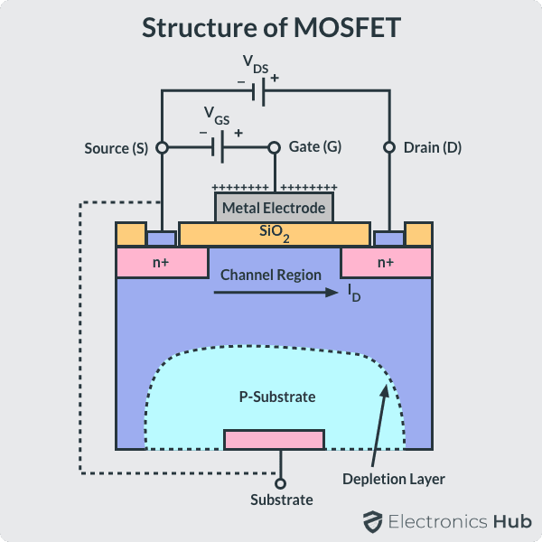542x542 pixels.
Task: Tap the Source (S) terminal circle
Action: tap(162, 146)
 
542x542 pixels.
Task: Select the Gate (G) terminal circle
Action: tap(274, 146)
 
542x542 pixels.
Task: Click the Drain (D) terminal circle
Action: tap(389, 146)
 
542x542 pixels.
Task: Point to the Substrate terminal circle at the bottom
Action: tap(280, 483)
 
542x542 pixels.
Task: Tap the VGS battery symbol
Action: tap(220, 146)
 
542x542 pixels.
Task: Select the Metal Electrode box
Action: tap(274, 208)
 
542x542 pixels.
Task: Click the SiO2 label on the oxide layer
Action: tap(274, 235)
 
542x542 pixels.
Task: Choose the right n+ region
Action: tap(386, 263)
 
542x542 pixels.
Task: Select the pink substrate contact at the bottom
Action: tap(274, 440)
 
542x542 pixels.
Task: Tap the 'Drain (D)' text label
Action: tap(433, 146)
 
